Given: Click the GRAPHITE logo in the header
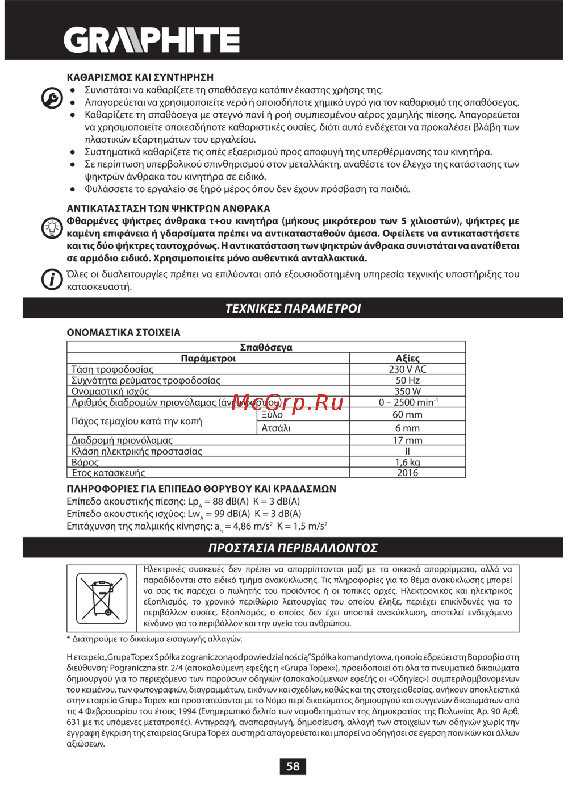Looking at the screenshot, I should click(151, 40).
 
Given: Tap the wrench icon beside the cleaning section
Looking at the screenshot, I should click(52, 98).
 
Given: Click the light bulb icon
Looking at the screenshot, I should click(52, 228).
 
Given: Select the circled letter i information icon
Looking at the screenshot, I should click(52, 280).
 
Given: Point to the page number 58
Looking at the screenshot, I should click(293, 766).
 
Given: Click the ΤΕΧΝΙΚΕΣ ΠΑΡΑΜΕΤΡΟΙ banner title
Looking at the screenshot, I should click(293, 309).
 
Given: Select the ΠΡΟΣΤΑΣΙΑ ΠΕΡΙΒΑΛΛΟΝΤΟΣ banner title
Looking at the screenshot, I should click(293, 548).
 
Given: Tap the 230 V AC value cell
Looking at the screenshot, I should click(407, 369).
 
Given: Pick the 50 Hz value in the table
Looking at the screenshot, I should click(407, 380).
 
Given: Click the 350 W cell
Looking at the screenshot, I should click(407, 391).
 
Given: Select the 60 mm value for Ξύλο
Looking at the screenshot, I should click(407, 415).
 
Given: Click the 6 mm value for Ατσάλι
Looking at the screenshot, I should click(407, 428).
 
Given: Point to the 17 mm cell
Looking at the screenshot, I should click(407, 440).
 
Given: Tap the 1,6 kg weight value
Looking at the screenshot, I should click(407, 463).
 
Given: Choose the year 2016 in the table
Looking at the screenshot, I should click(407, 473).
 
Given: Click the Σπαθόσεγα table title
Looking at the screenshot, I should click(266, 347).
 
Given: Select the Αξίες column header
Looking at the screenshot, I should click(407, 359).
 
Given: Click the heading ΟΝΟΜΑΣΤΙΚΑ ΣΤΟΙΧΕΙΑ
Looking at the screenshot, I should click(123, 332).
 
